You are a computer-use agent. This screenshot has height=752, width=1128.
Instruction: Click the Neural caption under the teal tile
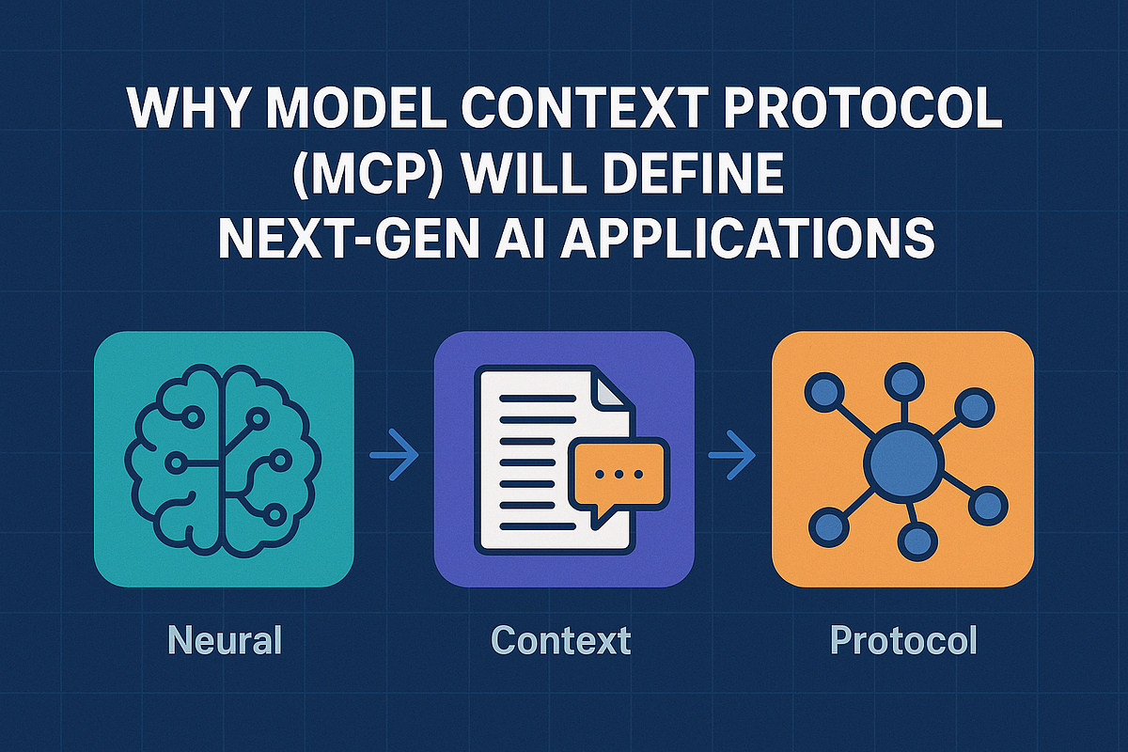click(225, 641)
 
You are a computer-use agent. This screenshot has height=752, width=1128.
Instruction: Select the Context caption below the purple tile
click(561, 641)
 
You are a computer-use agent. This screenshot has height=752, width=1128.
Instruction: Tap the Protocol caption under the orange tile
click(904, 641)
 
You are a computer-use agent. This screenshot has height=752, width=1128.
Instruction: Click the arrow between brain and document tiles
click(394, 457)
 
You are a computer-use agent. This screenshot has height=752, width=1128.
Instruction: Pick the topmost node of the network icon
click(903, 382)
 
